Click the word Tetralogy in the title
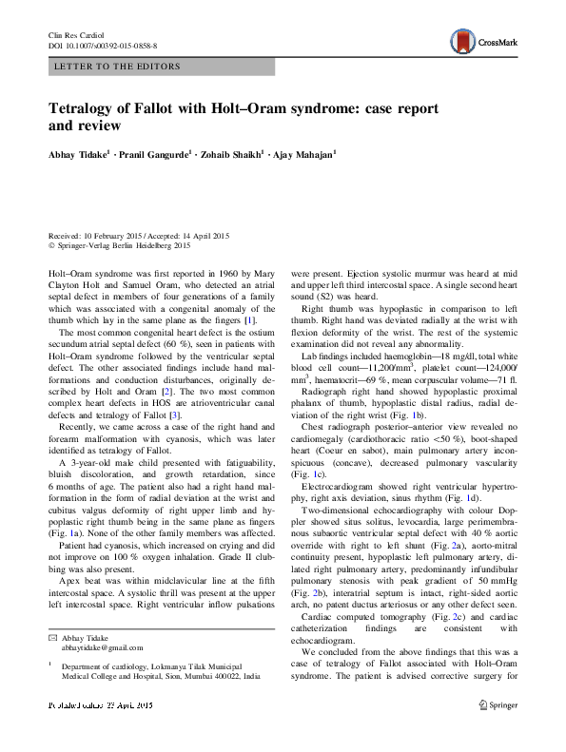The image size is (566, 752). coord(86,107)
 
